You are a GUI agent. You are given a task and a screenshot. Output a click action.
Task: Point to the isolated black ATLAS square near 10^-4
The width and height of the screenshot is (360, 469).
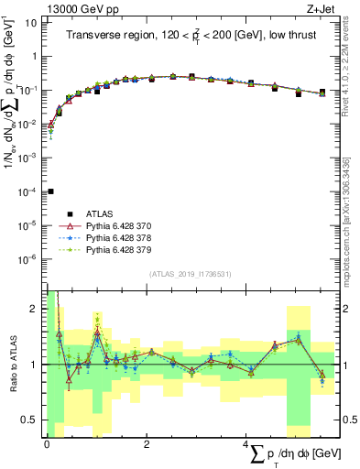pos(50,191)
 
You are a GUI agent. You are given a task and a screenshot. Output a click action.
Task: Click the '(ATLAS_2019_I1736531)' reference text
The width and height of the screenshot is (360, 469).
pos(191,274)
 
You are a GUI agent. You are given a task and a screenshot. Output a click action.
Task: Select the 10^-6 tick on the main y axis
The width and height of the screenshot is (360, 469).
pos(31,259)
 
